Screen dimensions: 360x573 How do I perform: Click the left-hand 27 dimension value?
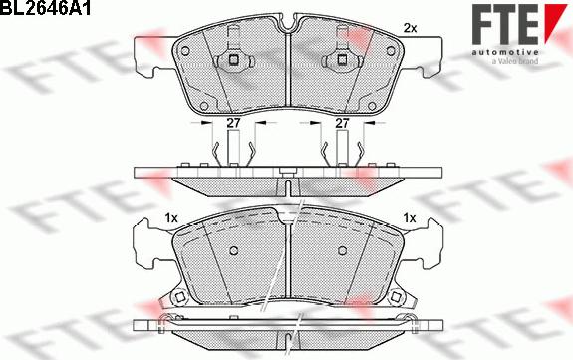pos(232,124)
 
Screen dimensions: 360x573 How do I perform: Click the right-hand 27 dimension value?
pos(341,124)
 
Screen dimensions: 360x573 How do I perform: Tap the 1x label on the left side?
pos(170,217)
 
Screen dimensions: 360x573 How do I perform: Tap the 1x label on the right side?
pos(409,217)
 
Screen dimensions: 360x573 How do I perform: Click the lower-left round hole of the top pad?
pos(203,104)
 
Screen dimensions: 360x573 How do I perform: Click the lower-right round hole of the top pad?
pos(371,104)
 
